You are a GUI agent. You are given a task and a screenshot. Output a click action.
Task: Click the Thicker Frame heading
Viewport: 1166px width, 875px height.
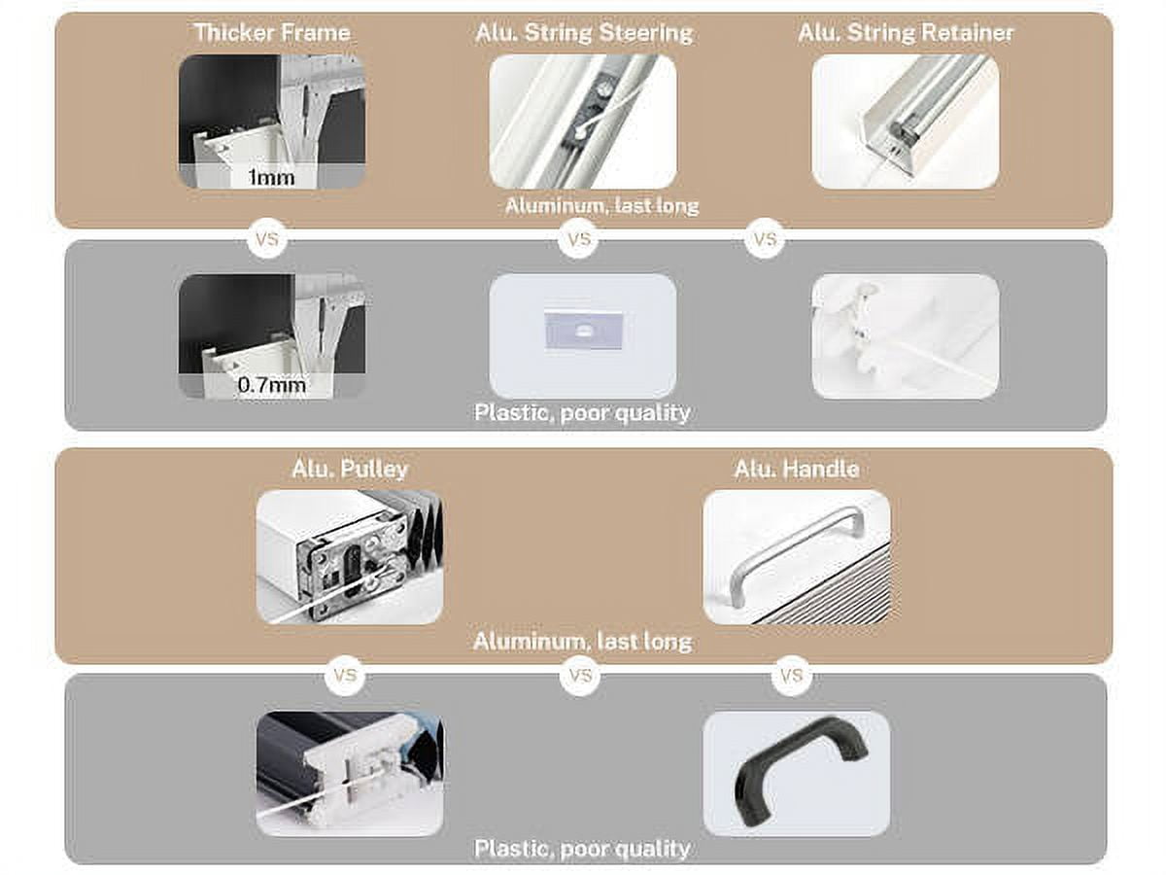point(271,32)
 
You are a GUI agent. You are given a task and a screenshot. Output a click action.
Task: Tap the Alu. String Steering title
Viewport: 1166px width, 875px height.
point(584,33)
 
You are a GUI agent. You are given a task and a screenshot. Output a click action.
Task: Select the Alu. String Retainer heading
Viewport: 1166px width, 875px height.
point(906,32)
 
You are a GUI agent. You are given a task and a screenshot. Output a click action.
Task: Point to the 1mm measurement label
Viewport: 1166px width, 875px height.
point(271,177)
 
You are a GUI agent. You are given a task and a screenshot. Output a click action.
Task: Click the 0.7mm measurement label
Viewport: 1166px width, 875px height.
point(271,385)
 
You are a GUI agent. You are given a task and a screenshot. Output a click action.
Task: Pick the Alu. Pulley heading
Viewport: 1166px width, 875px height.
point(350,469)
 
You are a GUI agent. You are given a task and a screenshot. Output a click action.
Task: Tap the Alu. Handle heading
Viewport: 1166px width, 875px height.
point(796,469)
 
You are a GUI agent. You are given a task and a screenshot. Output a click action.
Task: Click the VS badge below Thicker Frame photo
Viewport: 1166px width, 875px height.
point(266,239)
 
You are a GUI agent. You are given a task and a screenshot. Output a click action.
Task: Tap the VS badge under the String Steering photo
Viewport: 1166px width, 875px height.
point(578,239)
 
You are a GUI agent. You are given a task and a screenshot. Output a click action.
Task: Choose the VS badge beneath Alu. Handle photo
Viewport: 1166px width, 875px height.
point(792,676)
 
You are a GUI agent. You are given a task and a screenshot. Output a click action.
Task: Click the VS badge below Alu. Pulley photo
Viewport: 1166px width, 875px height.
point(345,676)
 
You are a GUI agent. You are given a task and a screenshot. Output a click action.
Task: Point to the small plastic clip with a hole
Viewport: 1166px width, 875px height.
point(583,331)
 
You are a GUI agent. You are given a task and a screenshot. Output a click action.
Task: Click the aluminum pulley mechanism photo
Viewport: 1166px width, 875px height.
point(350,556)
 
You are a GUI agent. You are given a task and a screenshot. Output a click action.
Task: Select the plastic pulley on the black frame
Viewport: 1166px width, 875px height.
point(350,773)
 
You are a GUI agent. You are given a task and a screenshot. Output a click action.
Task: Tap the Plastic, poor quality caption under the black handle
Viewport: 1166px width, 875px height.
point(582,849)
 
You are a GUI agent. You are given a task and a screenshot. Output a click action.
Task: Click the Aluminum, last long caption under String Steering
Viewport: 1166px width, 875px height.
point(601,205)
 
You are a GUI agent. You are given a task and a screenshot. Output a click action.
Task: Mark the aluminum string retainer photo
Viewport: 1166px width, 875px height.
point(906,122)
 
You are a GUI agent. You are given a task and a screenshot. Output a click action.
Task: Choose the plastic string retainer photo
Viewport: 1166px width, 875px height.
point(906,336)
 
